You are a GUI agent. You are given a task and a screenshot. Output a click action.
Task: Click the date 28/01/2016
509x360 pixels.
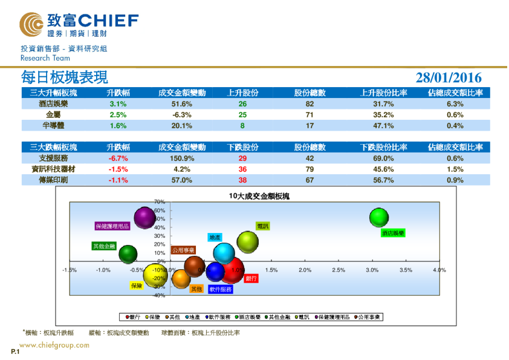(449, 77)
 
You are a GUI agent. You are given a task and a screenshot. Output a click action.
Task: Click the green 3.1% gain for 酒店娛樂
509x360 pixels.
(118, 104)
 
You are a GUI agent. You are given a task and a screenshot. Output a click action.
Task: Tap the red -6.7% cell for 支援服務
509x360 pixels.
(118, 159)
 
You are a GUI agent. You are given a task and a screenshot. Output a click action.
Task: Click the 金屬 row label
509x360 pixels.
(53, 115)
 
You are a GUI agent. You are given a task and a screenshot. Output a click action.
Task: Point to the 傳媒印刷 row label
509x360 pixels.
(53, 180)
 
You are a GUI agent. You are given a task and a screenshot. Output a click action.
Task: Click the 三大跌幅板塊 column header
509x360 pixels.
(53, 147)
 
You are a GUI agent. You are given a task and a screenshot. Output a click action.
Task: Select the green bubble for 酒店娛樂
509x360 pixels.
(378, 217)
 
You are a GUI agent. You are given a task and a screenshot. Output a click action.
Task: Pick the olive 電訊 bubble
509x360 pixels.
(247, 242)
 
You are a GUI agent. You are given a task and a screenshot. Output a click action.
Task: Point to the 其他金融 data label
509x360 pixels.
(103, 246)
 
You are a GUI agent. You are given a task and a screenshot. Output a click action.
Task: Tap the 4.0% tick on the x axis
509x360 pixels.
(439, 270)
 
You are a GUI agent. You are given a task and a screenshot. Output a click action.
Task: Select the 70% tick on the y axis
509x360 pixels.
(160, 201)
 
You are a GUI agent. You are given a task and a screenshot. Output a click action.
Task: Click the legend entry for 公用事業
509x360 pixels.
(371, 316)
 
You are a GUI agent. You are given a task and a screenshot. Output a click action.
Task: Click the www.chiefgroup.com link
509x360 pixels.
(54, 345)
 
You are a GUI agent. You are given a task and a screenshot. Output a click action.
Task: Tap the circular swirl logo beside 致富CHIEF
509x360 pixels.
(31, 24)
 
